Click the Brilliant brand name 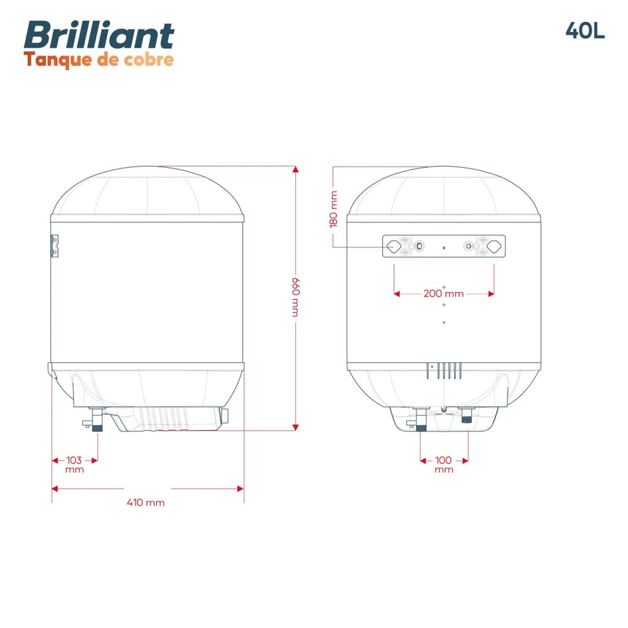click(x=99, y=35)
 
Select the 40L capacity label click(x=585, y=31)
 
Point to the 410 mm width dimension click(x=146, y=502)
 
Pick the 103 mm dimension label click(x=74, y=464)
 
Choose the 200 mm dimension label click(x=443, y=293)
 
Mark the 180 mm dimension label click(x=333, y=209)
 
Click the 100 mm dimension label click(x=444, y=464)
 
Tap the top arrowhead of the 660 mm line click(x=295, y=170)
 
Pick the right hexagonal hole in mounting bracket click(x=495, y=246)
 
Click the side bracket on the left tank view click(x=55, y=246)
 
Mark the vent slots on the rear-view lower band click(x=445, y=371)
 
